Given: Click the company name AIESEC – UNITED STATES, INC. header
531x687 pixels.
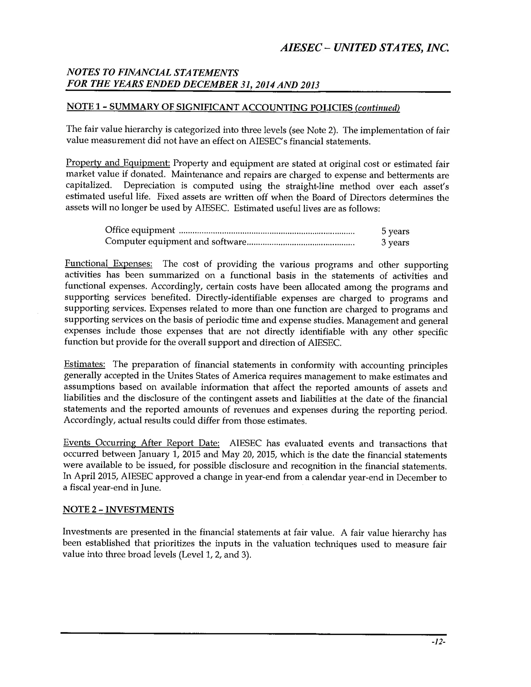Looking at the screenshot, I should coord(364,48).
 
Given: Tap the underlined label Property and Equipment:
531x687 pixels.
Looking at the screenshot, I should coord(118,163).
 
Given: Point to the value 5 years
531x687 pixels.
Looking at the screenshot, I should coord(395,231).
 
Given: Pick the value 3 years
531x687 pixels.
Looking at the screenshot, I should coord(395,243).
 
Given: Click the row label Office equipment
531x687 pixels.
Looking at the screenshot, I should coord(140,230).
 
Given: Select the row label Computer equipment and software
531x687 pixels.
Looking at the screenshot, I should coord(175,242).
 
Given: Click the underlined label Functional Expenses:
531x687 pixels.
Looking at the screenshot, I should coord(109,264).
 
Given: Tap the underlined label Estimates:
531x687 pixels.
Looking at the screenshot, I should coord(84,364).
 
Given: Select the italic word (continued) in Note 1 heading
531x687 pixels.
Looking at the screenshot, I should coord(377,108).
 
